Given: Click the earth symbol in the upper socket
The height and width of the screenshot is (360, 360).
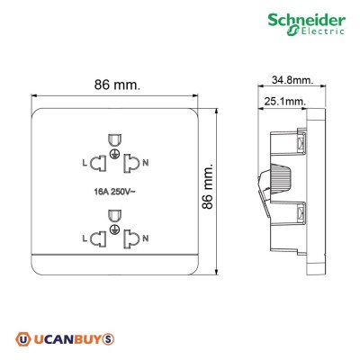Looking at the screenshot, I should [x=114, y=155].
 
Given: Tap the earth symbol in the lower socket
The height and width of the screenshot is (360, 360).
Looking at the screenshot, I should [x=114, y=231].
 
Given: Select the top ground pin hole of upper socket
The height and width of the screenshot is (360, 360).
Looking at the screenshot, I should [x=114, y=139].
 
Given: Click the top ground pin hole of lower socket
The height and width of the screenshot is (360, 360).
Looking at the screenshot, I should [x=114, y=216].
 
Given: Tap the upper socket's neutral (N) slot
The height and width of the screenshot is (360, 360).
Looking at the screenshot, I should [x=132, y=162].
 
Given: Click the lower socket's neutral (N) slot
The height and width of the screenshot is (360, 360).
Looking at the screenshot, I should [x=132, y=239].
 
